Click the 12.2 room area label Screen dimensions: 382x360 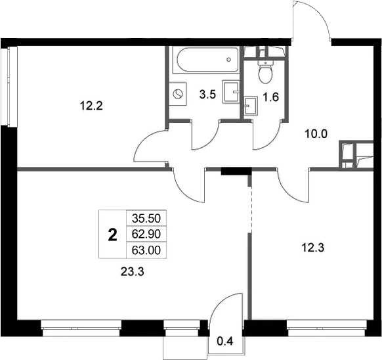[91, 106]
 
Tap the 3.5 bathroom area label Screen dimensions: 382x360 [207, 95]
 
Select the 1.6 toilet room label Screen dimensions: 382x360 [270, 97]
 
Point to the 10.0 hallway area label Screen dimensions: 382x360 [316, 134]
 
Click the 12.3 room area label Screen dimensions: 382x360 [313, 248]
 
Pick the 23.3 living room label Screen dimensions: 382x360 [133, 272]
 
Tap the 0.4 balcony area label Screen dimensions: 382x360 [225, 342]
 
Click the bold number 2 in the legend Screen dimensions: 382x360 [112, 235]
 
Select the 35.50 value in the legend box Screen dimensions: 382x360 [146, 218]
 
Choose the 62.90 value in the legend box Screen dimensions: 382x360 [146, 234]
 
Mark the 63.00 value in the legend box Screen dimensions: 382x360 [146, 250]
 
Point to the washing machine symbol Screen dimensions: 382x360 [178, 94]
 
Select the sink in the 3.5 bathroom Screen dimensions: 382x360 [231, 92]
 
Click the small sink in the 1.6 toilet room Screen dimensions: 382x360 [251, 105]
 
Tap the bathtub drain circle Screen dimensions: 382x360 [228, 59]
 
